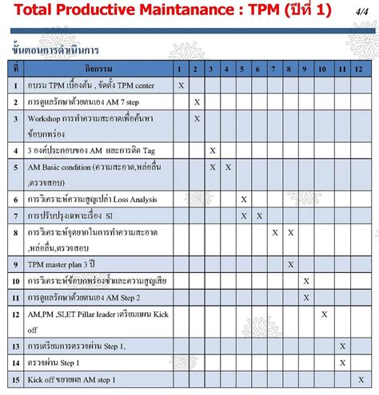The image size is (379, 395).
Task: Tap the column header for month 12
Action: (358, 69)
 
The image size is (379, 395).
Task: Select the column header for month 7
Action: (275, 69)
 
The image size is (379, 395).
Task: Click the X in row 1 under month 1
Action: (182, 85)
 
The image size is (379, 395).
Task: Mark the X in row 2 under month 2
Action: (197, 102)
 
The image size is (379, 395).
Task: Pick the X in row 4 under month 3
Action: (213, 150)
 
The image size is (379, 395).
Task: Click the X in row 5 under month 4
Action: (228, 167)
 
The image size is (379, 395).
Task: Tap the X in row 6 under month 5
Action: (244, 199)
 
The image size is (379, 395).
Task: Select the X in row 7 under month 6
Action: (259, 215)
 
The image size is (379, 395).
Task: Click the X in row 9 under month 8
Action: (291, 264)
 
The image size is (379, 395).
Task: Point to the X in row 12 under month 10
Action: (325, 314)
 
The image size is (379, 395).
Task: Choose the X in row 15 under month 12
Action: (358, 379)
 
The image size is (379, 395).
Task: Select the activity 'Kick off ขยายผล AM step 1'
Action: (72, 379)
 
